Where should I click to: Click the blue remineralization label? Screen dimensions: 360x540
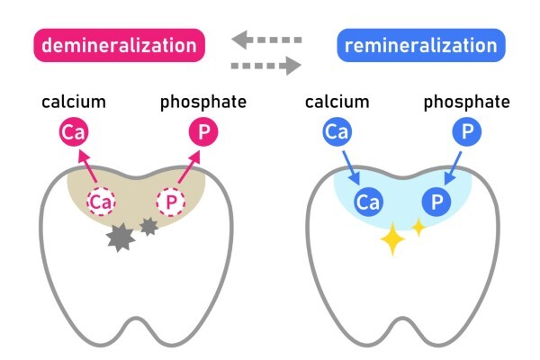coord(421,45)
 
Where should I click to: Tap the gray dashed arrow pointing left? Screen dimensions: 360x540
coord(265,39)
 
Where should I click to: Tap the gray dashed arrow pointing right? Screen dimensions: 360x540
coord(265,64)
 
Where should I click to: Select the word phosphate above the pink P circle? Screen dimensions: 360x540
coord(203,101)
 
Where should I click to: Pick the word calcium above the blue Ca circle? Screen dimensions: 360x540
coord(337,101)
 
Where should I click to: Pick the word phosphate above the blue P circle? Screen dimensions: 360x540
coord(468,101)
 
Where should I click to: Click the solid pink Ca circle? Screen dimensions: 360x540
coord(73,135)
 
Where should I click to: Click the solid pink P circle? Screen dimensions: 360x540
coord(203,134)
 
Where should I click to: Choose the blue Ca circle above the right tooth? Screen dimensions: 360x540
coord(337,135)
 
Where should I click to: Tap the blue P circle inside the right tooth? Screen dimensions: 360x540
coord(436,201)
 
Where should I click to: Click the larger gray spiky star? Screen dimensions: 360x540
coord(119,238)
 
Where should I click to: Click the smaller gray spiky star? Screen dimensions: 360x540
coord(148,227)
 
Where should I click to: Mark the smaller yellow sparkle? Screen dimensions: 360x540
coord(418,227)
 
